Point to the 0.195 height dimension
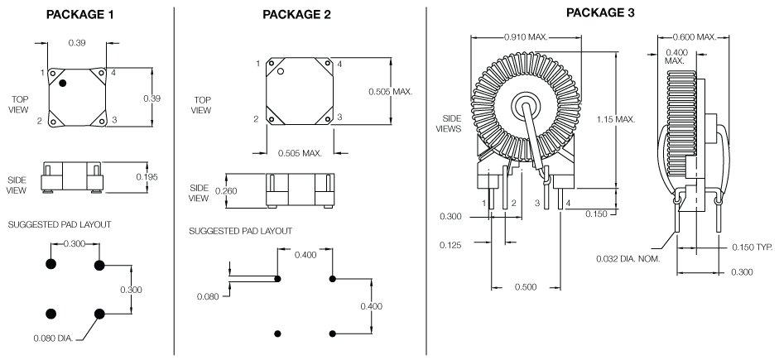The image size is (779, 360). tap(147, 177)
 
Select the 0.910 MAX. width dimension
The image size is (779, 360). tap(531, 37)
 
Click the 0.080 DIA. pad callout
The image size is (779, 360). tap(52, 338)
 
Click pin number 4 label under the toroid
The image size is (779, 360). tap(566, 203)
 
